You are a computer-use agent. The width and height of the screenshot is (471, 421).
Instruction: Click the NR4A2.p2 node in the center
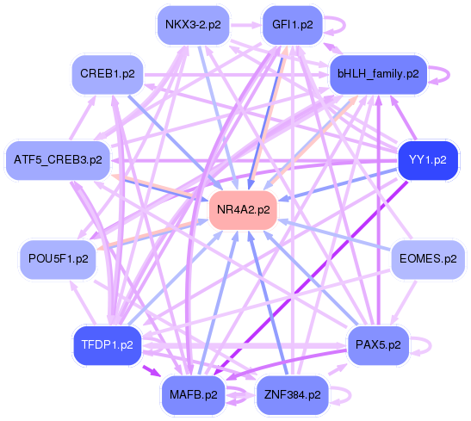tap(244, 209)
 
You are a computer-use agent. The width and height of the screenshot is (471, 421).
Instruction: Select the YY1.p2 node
tap(427, 160)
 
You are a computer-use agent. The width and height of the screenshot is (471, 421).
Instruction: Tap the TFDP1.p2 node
tap(107, 344)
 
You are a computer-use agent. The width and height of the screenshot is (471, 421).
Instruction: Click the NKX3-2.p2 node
tap(192, 25)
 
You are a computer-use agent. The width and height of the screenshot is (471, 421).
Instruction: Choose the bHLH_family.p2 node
tap(378, 75)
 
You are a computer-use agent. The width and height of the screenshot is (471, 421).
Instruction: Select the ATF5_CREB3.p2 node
tap(58, 160)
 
